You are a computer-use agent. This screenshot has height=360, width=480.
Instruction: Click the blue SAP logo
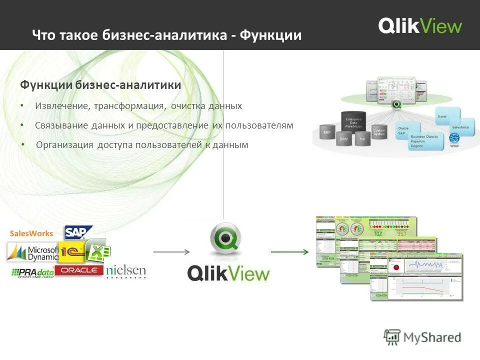coord(79,232)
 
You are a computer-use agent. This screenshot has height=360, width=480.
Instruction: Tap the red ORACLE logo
coord(79,270)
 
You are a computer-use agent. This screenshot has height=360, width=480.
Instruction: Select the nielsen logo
coord(126,271)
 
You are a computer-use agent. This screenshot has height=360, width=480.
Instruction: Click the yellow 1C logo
coord(71,252)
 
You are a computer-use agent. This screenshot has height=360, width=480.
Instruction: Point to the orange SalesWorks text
coord(31,233)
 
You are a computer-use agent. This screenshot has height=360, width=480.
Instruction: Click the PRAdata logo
coord(32,272)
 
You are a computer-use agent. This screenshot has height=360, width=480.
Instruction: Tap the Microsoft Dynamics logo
coord(32,252)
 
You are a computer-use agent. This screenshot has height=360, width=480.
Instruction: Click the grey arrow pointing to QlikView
coord(171,251)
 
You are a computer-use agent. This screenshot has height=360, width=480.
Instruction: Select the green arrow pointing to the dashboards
coord(289,251)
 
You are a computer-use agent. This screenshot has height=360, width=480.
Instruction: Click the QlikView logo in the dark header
coord(420,25)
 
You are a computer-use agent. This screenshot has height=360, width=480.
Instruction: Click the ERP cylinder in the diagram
coord(327,133)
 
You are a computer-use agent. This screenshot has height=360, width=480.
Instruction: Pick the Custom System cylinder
coord(379,132)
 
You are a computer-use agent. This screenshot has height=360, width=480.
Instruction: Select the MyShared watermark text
coord(432,337)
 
